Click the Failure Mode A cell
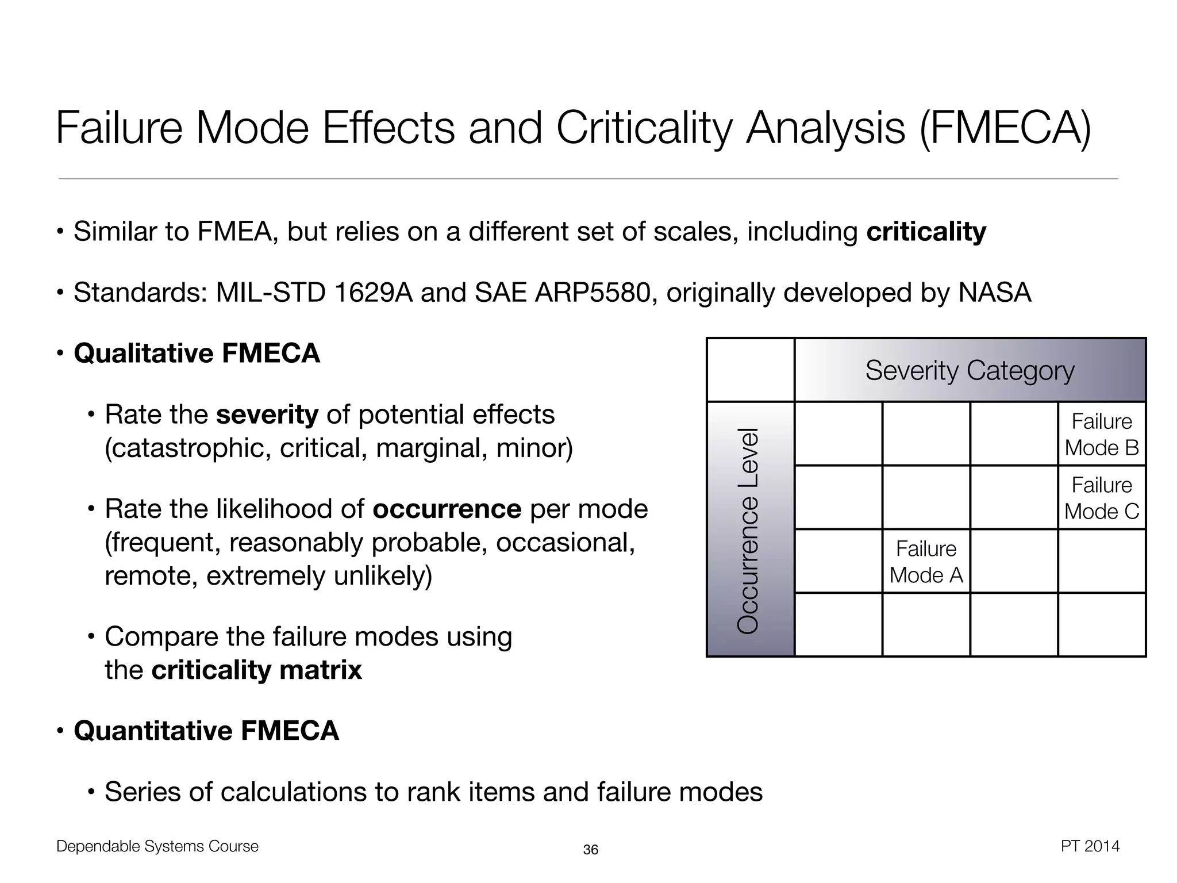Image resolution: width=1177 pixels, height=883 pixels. click(926, 562)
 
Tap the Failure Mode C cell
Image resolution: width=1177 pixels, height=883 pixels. click(1101, 498)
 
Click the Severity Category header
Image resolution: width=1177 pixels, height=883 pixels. click(970, 370)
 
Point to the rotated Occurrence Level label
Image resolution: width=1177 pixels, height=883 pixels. click(748, 531)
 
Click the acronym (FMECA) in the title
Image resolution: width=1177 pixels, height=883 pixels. click(1005, 128)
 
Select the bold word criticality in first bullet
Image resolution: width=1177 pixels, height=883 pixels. click(926, 232)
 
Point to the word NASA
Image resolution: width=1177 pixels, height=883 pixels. click(994, 293)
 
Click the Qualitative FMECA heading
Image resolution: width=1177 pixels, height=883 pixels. click(197, 353)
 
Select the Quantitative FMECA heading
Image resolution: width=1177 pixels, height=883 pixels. click(206, 731)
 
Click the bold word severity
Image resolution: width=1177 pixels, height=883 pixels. click(267, 414)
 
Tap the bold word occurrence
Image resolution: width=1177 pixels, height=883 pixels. click(447, 509)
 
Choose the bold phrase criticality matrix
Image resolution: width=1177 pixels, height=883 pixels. click(256, 670)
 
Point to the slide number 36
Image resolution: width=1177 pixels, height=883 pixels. click(590, 850)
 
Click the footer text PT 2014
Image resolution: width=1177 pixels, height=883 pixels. click(1090, 846)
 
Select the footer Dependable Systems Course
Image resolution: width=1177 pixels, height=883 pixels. click(157, 846)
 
